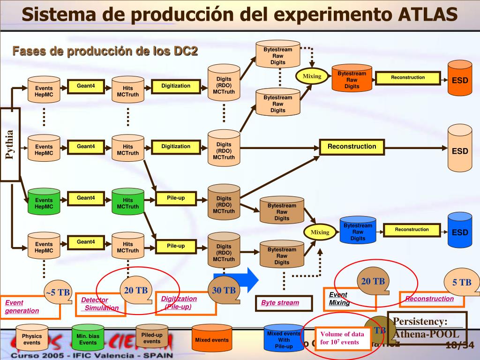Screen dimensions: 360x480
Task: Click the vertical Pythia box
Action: [10, 144]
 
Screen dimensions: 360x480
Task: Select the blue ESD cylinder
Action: [459, 230]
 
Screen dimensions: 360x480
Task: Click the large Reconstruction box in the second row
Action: [352, 147]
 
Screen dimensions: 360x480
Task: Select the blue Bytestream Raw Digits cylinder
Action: [358, 230]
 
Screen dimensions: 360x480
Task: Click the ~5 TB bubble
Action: [58, 292]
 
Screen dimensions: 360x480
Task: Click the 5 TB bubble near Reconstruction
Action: [462, 282]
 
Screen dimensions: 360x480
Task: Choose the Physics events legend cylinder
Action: [32, 338]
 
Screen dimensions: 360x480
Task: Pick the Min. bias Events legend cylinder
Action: [87, 338]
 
